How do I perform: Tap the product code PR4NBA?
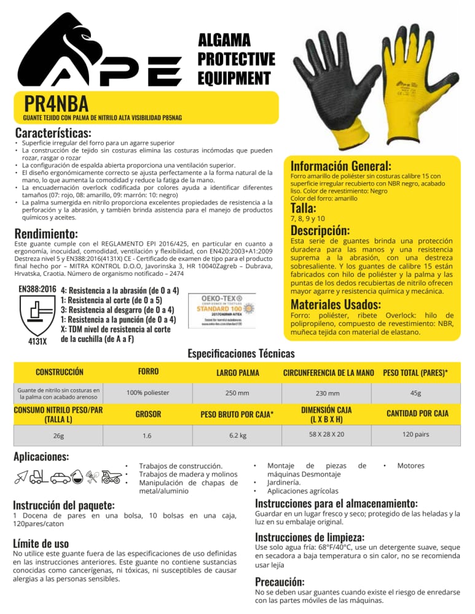(x=57, y=103)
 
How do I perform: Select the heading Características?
(x=53, y=133)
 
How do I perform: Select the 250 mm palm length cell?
(x=237, y=393)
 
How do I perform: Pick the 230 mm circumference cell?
(x=328, y=394)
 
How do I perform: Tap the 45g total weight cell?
(x=415, y=393)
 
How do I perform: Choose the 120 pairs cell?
(x=415, y=433)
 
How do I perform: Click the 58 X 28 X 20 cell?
(x=326, y=433)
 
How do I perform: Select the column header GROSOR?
(x=147, y=414)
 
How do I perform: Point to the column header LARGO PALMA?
(x=237, y=372)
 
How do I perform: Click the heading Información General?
(x=340, y=166)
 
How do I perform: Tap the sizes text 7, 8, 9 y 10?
(x=308, y=218)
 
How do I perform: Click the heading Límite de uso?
(x=41, y=543)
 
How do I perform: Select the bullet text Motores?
(x=410, y=466)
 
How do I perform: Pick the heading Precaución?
(x=280, y=581)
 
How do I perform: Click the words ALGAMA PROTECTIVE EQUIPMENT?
(x=236, y=59)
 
